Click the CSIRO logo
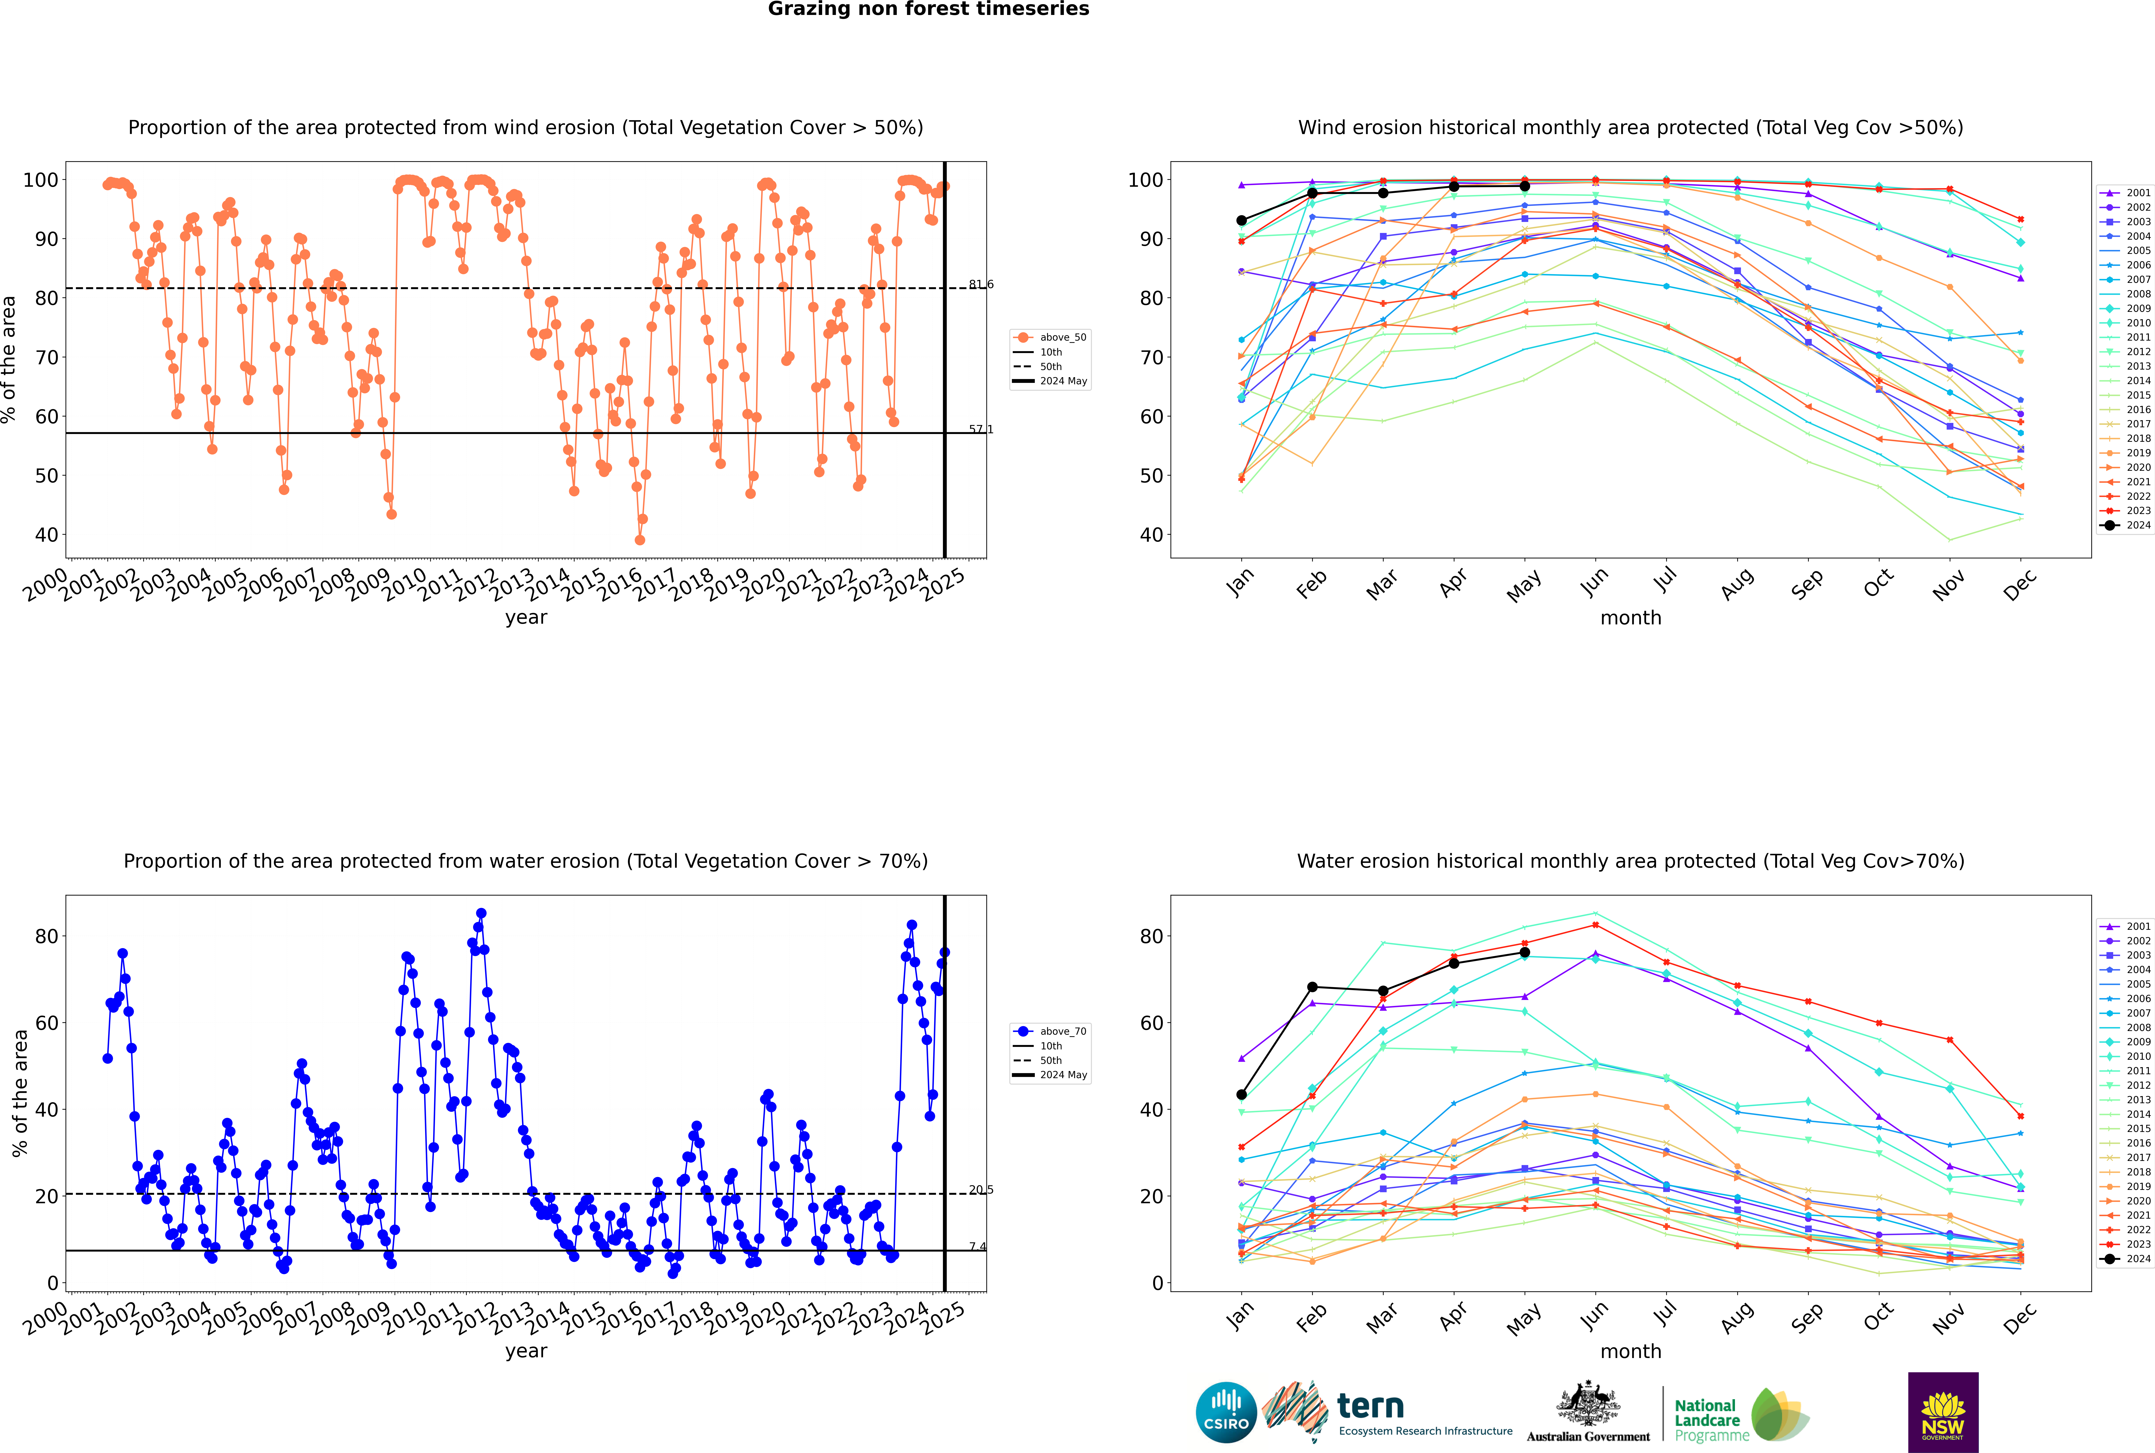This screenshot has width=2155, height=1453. (x=1226, y=1412)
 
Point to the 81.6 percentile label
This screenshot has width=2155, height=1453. (x=981, y=284)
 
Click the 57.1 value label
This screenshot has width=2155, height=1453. (x=981, y=429)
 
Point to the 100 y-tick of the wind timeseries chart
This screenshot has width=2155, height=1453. (x=41, y=180)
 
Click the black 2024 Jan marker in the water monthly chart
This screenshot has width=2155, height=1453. (x=1242, y=1094)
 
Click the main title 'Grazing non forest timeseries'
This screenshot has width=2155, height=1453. (x=928, y=9)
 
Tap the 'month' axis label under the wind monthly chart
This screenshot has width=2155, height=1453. (x=1631, y=618)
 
